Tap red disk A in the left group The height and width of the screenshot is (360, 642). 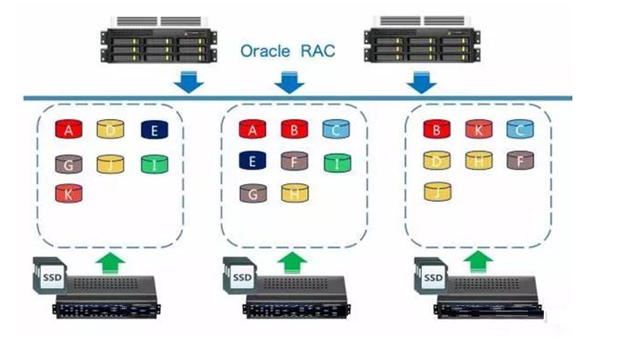(x=69, y=130)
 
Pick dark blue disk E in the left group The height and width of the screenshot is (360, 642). (x=154, y=130)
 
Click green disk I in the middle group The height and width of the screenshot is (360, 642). (x=337, y=161)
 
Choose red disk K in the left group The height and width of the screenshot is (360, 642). (x=69, y=193)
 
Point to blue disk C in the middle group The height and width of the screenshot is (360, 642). (x=337, y=130)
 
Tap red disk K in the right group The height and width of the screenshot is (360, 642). (x=478, y=130)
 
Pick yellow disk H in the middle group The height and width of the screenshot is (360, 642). (x=295, y=192)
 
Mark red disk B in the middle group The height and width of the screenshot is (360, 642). (x=295, y=130)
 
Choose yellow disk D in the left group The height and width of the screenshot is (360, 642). (x=110, y=130)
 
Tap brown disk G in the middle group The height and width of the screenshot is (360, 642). (x=253, y=192)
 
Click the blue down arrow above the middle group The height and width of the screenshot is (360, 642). (x=290, y=83)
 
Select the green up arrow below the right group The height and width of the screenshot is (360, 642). (x=477, y=258)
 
